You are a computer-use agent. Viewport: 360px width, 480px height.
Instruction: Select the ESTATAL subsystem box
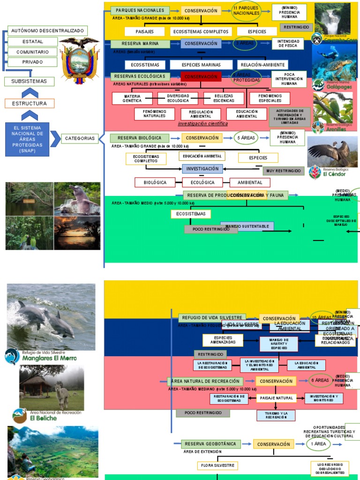[32, 42]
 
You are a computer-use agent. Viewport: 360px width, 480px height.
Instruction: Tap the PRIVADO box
[32, 62]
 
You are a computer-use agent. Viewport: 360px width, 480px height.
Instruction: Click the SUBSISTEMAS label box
[29, 81]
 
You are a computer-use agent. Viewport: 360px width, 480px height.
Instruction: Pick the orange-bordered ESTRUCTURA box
[29, 103]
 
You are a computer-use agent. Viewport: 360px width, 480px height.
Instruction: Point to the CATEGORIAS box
[80, 138]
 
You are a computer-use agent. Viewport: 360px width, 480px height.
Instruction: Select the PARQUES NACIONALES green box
[140, 10]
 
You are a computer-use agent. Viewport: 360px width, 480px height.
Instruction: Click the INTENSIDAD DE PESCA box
[288, 44]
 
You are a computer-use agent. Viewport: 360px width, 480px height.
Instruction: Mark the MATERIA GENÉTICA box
[132, 98]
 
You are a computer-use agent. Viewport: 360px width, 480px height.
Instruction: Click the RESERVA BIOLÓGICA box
[139, 138]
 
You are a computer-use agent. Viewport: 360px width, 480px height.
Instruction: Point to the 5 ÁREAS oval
[246, 138]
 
